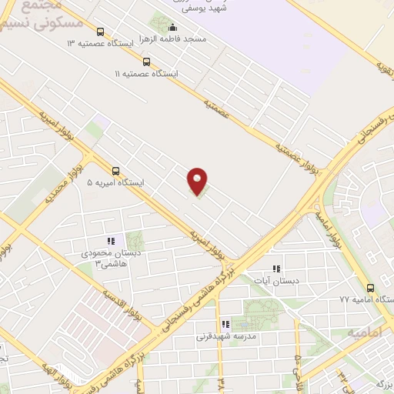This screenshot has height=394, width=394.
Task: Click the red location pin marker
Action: (198, 181)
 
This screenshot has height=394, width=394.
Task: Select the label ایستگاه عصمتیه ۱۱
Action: (145, 74)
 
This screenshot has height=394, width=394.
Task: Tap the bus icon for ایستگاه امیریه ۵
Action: (116, 171)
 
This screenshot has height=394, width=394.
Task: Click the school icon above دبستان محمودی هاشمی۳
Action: (109, 240)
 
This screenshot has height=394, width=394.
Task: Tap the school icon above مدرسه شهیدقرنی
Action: (225, 325)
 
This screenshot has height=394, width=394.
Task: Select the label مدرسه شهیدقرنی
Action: (225, 336)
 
